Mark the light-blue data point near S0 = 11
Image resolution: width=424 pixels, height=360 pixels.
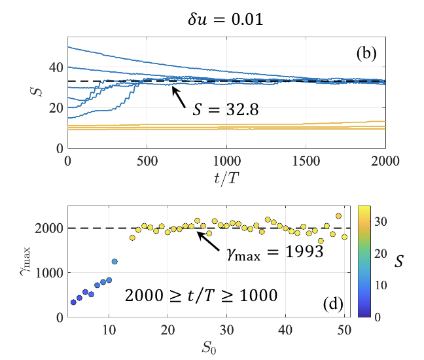coord(115,261)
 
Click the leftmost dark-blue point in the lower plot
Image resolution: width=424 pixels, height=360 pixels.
coord(73,302)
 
